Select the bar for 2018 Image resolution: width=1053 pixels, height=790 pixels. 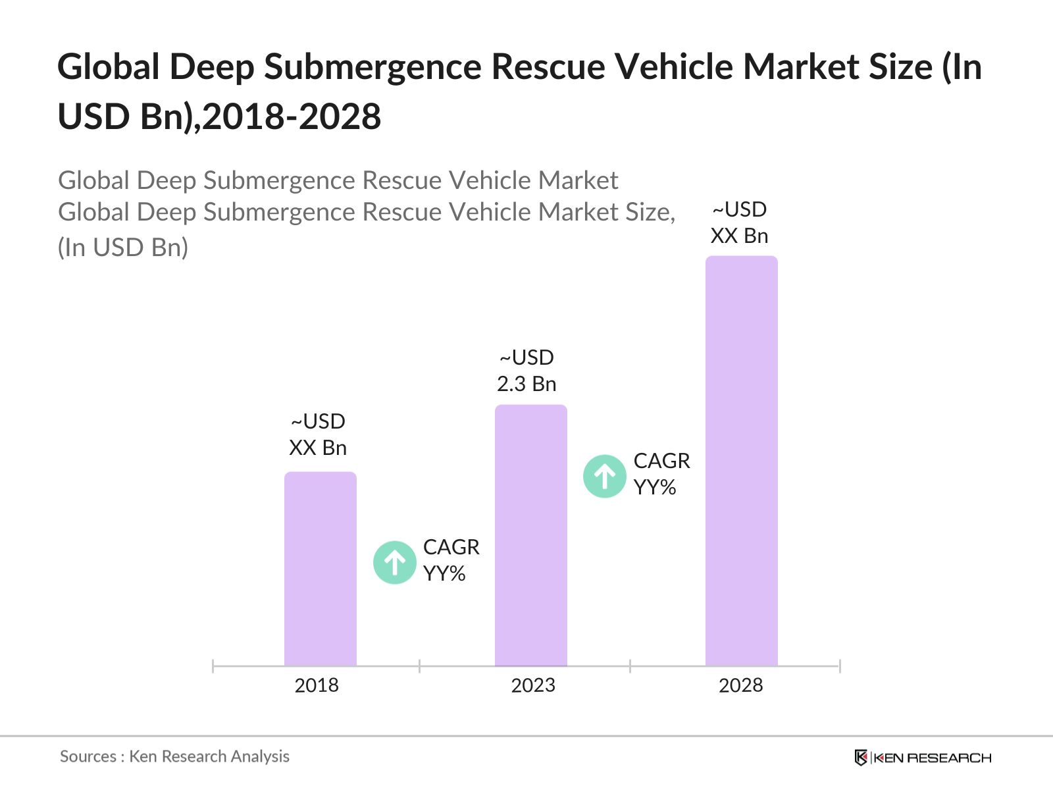pos(320,569)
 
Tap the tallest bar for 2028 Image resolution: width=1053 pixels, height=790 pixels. pos(741,461)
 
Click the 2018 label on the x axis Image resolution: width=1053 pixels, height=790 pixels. pos(317,685)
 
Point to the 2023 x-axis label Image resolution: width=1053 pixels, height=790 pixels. pos(533,685)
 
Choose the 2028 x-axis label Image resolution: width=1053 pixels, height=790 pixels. pos(740,685)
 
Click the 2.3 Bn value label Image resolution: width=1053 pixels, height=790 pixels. pos(526,384)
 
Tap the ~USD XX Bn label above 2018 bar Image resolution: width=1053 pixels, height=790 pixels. pos(318,434)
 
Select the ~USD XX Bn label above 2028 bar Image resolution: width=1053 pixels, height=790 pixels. pos(740,223)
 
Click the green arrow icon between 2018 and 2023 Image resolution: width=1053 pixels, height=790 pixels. pos(394,562)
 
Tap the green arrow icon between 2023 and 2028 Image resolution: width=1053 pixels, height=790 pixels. pos(604,476)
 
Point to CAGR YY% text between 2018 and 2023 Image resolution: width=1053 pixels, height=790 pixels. pos(451,560)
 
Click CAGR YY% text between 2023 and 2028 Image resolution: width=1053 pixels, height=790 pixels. pos(661,474)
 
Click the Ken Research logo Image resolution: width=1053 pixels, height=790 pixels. pos(923,758)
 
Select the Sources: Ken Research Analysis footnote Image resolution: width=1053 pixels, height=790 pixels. pos(174,756)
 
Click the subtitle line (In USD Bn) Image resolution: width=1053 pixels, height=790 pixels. pos(123,248)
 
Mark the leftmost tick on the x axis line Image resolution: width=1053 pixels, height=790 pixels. pos(213,666)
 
